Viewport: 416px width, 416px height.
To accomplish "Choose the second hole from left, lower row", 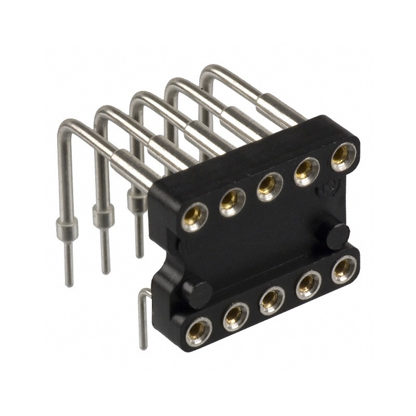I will click(236, 316).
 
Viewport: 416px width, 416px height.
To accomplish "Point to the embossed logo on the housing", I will click(324, 191).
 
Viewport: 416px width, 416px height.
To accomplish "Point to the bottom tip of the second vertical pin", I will click(106, 270).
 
